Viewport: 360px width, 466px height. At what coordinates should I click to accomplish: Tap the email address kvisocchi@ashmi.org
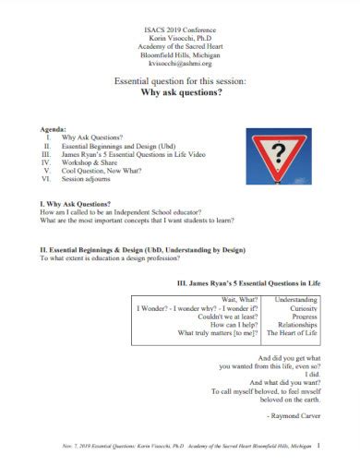coord(179,62)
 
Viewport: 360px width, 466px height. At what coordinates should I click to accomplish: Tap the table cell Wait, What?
coord(235,300)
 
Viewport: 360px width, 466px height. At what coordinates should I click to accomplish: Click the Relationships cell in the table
coord(295,325)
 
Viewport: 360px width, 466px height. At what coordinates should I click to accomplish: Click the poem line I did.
coord(311,376)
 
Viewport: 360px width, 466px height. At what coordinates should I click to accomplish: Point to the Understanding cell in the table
coord(296,300)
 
